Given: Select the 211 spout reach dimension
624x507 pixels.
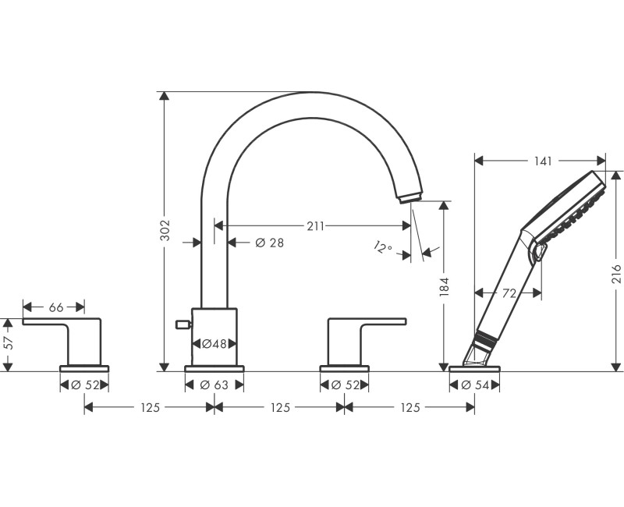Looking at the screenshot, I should click(x=315, y=226).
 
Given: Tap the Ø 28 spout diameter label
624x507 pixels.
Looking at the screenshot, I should click(x=269, y=243).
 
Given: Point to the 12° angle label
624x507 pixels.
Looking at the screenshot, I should click(x=382, y=248).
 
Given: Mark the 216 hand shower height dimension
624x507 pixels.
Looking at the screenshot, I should click(x=615, y=273).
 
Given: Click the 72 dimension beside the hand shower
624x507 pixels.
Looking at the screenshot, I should click(x=509, y=292).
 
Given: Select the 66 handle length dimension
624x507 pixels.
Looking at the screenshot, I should click(x=56, y=307).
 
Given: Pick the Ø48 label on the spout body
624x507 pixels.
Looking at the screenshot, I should click(x=214, y=343).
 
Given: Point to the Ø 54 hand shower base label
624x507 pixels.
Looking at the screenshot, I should click(x=474, y=385).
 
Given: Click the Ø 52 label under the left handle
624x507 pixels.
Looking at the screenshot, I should click(x=84, y=385).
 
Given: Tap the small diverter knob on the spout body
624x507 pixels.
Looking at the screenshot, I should click(x=184, y=324).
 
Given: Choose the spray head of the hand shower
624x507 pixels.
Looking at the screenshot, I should click(x=573, y=204).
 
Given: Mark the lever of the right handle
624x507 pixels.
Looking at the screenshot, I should click(x=367, y=321).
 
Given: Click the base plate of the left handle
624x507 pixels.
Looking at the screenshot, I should click(x=84, y=368).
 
